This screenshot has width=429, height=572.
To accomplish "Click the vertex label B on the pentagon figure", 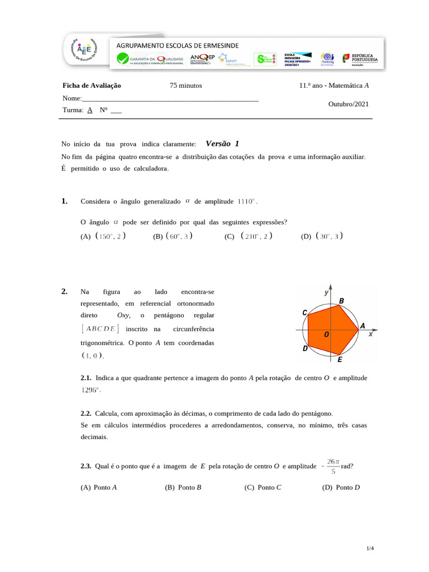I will (341, 301).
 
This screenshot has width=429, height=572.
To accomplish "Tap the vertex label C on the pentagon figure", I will (304, 313).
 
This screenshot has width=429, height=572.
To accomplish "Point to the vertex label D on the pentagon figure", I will (305, 348).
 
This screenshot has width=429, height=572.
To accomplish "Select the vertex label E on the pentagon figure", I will (340, 360).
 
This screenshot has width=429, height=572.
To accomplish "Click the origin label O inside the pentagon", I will (327, 335).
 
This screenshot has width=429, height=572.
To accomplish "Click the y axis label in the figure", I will (326, 292).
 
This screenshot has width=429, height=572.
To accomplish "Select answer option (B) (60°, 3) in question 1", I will (173, 236).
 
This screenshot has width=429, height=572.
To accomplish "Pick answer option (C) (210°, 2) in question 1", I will (249, 236).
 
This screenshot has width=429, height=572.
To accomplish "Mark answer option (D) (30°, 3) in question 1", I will (322, 236).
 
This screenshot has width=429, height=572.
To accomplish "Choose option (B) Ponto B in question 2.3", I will (183, 487).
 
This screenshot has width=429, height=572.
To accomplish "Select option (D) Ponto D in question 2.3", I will (341, 487).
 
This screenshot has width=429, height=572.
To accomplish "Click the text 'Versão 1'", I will (222, 144).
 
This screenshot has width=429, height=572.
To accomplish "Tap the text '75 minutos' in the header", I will (186, 85).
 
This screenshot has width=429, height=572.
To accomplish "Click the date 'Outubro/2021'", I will (349, 104).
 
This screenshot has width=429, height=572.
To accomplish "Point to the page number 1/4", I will (369, 549).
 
